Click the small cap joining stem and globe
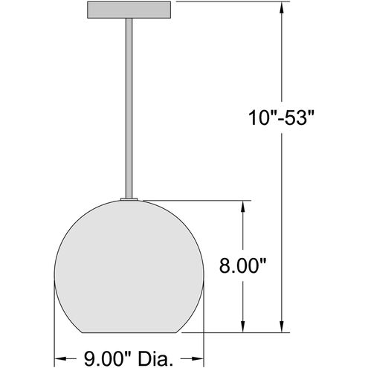[x=129, y=198]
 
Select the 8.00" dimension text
[x=240, y=265]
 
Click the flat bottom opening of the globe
[x=129, y=329]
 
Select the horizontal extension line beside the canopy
[x=223, y=3]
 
